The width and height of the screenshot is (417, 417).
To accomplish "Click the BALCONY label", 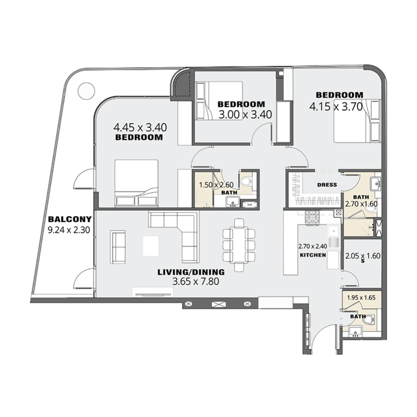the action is click(x=70, y=219).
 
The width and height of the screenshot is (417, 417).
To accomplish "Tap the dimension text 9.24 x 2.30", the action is click(x=69, y=230).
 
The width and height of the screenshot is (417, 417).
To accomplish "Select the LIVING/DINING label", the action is click(x=191, y=272).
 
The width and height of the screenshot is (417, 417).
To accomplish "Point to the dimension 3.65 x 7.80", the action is click(x=196, y=281).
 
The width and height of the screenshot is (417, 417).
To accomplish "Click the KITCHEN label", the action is click(x=313, y=255).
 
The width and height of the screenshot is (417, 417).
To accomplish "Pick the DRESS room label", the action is click(x=327, y=185).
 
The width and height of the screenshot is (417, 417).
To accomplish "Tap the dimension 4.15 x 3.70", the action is click(x=336, y=107).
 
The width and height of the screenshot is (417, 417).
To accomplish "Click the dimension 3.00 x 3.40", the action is click(x=245, y=115).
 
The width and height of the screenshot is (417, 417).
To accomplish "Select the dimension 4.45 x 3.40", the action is click(x=140, y=128).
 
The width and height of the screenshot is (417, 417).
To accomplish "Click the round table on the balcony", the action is click(x=86, y=90).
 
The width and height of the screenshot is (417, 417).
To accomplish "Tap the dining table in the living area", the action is click(x=239, y=245).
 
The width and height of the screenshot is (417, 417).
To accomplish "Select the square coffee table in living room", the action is click(x=151, y=246).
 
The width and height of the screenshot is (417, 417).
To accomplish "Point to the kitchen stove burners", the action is click(x=312, y=217).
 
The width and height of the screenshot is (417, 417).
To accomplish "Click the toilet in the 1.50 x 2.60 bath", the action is click(x=246, y=181).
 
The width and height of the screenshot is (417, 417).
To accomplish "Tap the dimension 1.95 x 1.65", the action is click(x=361, y=297).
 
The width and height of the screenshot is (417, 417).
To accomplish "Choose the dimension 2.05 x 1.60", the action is click(x=362, y=256).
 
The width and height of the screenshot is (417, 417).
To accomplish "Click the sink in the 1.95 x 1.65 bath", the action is click(x=355, y=332).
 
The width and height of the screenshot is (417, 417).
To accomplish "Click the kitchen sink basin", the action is click(x=334, y=230).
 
